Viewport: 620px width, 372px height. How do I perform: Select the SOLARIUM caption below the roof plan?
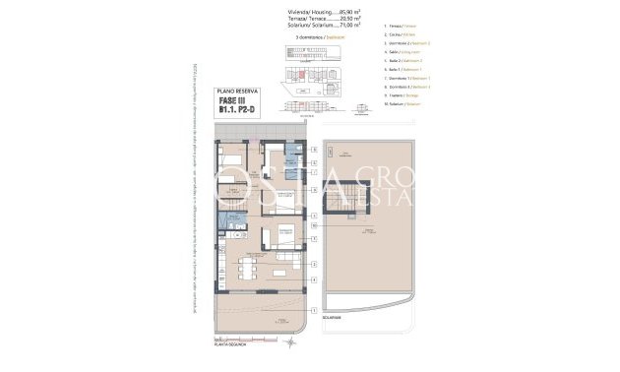(332, 318)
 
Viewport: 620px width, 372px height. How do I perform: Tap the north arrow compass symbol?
(289, 346)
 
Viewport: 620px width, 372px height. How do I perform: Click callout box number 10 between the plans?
(314, 225)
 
